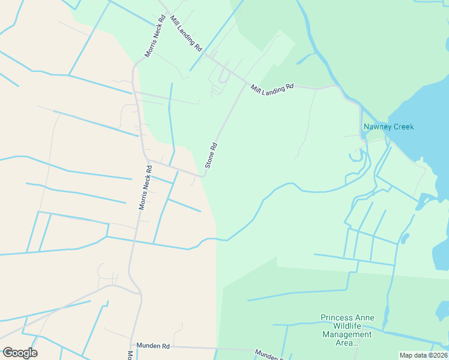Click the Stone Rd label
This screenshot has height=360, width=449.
[211, 155]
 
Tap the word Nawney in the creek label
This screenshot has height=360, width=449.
[376, 127]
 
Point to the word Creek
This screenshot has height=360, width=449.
[402, 127]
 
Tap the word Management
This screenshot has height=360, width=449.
[347, 335]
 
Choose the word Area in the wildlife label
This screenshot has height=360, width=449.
[345, 343]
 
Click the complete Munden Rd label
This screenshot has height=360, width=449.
[153, 346]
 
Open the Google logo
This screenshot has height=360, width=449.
[20, 353]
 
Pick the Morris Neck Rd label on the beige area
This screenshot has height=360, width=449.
[143, 187]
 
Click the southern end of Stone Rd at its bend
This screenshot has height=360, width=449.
[204, 176]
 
